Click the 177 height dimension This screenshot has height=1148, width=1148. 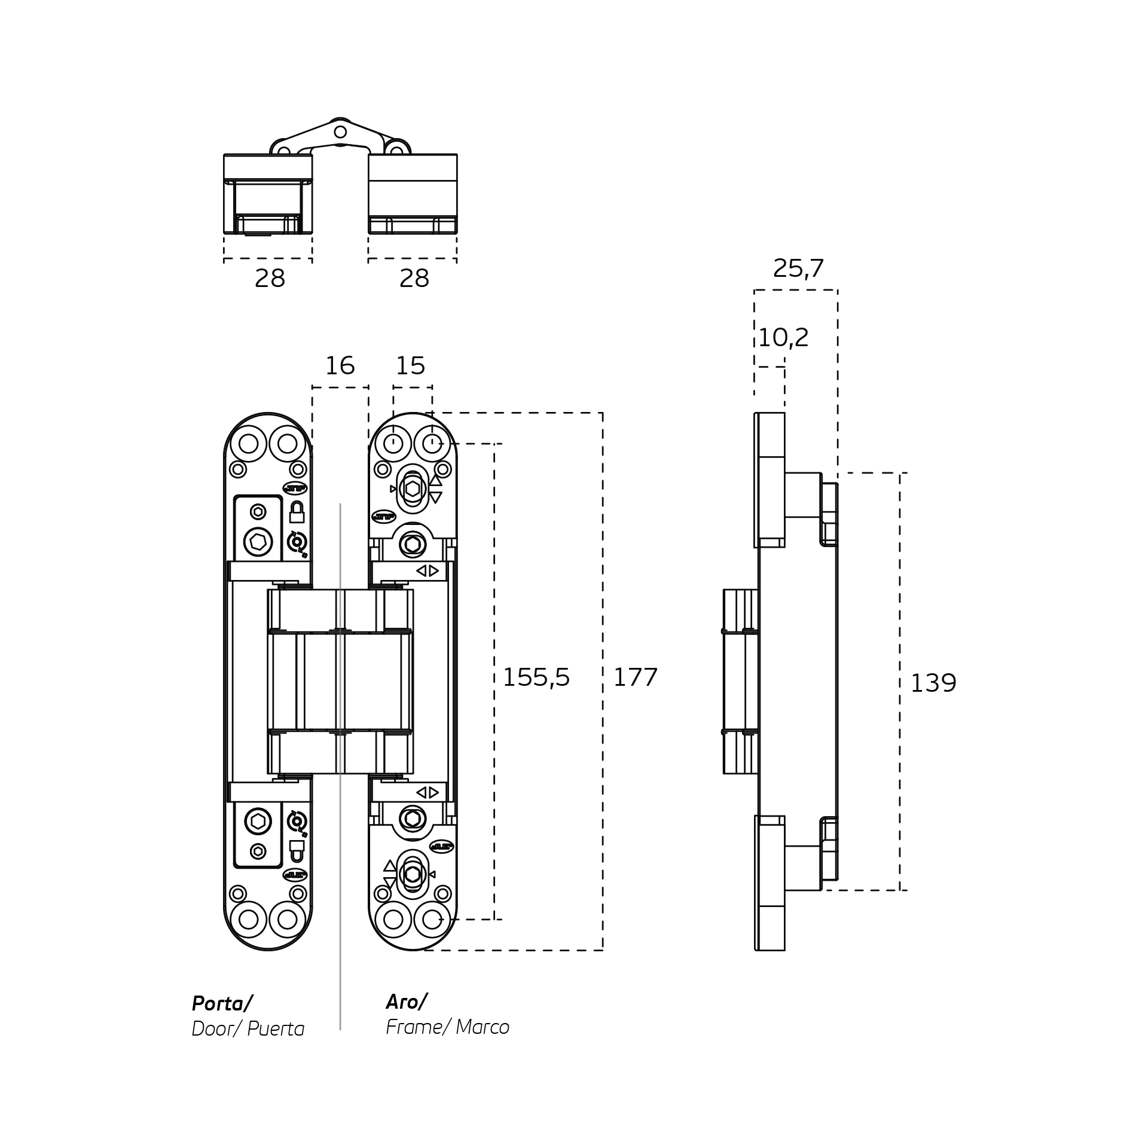coord(635,677)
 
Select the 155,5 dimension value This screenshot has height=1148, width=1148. coord(536,677)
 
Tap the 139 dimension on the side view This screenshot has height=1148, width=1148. coord(933,683)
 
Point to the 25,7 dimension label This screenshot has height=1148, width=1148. coord(798,268)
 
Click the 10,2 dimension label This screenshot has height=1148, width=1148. coord(783,338)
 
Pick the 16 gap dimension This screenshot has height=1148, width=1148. coord(340,365)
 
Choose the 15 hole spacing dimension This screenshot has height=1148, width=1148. coord(410,365)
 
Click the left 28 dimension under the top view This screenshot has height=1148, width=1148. coord(270,279)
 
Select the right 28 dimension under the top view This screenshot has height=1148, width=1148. coord(414,279)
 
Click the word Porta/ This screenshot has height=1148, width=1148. coord(222,1003)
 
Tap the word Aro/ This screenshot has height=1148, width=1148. coord(406,1001)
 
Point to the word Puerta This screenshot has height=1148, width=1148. coord(276,1029)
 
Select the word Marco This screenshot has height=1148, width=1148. coord(482,1027)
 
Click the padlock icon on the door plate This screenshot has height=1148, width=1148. coord(297,512)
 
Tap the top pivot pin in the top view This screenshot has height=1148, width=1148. coord(340,132)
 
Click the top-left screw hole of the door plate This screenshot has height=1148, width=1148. coord(248,444)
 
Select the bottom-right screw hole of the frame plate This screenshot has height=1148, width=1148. coord(432,920)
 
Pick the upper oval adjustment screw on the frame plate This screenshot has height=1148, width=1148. coord(413,488)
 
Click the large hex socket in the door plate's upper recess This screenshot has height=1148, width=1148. coord(258,542)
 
